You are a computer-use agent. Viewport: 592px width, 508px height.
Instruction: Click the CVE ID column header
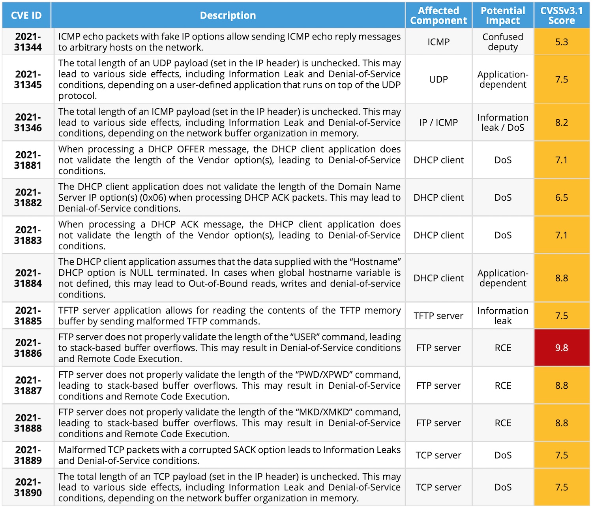pos(26,15)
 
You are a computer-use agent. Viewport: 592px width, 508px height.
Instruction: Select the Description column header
pos(228,15)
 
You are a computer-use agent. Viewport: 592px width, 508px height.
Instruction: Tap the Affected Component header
pos(438,15)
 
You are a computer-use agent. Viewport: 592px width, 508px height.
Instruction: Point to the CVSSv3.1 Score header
pos(561,15)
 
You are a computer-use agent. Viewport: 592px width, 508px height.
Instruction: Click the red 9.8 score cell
pos(561,348)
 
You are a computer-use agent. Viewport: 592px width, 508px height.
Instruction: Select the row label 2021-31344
pos(28,42)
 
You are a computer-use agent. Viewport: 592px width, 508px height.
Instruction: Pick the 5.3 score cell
pos(561,42)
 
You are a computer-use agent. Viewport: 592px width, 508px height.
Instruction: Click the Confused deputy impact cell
pos(503,42)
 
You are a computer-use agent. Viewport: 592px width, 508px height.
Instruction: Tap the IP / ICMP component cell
pos(438,122)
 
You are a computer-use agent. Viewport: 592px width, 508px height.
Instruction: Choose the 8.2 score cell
pos(561,122)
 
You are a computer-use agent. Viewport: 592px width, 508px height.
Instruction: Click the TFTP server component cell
pos(438,316)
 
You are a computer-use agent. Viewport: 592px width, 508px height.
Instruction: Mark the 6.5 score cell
pos(561,198)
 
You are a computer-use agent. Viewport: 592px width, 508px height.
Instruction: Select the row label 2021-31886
pos(28,348)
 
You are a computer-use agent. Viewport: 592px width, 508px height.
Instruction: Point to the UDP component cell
pos(438,79)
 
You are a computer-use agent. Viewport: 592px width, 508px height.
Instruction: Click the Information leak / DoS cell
pos(503,122)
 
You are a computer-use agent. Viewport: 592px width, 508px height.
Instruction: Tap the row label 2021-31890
pos(28,487)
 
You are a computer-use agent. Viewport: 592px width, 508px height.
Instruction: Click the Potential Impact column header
pos(503,15)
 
